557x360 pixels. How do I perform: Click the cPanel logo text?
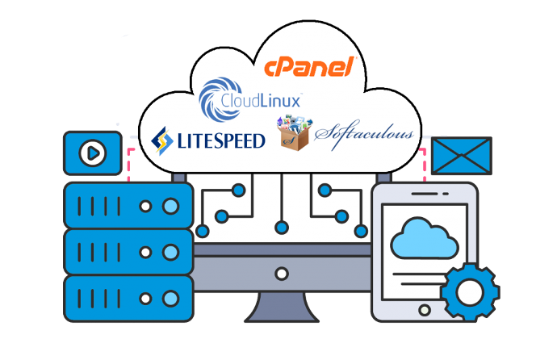[310, 67]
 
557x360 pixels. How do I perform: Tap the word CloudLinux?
[262, 101]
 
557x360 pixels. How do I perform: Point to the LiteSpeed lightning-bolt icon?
[161, 140]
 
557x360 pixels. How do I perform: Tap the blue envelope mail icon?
[461, 156]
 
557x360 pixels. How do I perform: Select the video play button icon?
[92, 152]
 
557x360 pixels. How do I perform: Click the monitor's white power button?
[282, 273]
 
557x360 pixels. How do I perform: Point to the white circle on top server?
[146, 205]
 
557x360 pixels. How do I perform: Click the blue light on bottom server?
[170, 297]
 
